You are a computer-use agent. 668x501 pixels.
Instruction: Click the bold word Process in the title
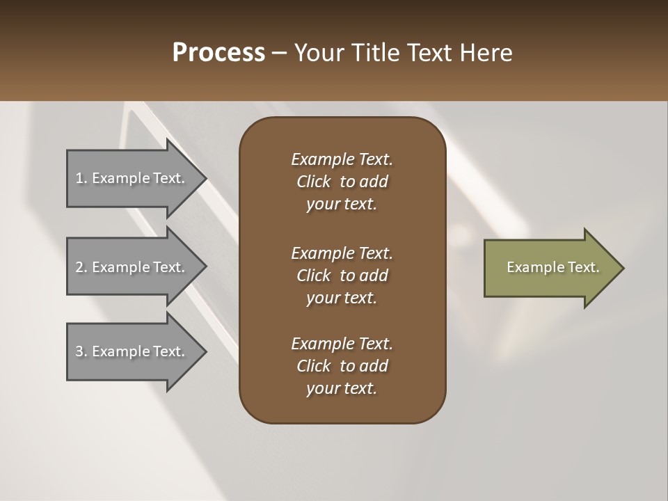coord(218,53)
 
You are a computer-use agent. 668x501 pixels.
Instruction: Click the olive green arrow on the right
coord(550,268)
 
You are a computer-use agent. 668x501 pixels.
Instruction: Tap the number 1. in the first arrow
coord(81,178)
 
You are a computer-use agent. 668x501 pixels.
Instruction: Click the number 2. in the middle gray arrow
coord(81,267)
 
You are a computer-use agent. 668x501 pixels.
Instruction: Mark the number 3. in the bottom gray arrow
coord(81,351)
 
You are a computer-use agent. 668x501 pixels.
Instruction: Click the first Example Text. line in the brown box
coord(342,159)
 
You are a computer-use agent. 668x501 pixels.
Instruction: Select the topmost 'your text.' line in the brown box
coord(342,204)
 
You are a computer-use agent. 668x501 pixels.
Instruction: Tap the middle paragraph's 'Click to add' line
coord(342,276)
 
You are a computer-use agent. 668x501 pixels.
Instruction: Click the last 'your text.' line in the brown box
coord(342,388)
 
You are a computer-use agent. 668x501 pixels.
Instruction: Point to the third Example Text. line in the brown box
coord(342,344)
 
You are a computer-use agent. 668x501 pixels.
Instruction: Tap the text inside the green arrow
coord(552,267)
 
